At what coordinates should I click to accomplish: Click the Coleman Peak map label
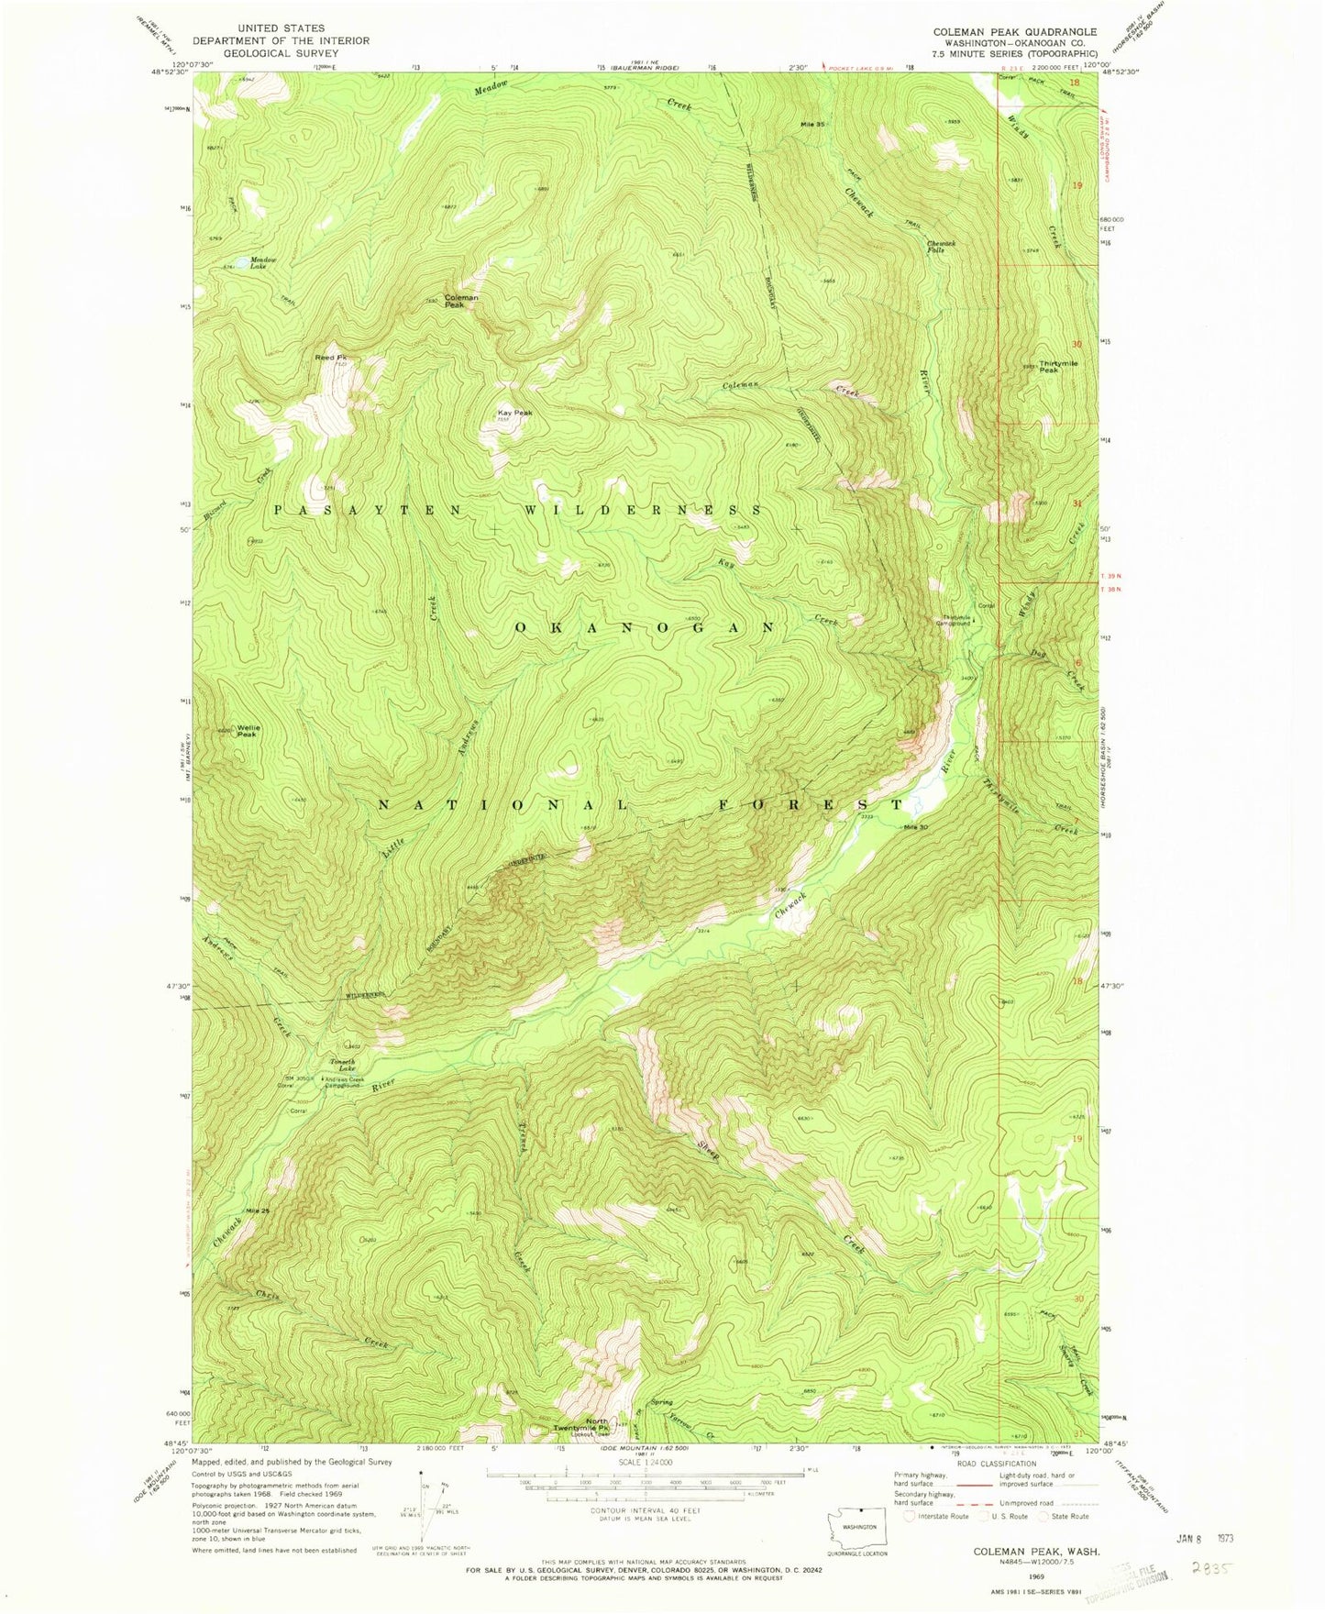point(461,300)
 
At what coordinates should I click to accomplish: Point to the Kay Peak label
point(514,413)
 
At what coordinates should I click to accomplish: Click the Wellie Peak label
point(248,731)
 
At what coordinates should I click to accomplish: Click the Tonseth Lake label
point(342,1064)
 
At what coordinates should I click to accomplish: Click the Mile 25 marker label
point(257,1211)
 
